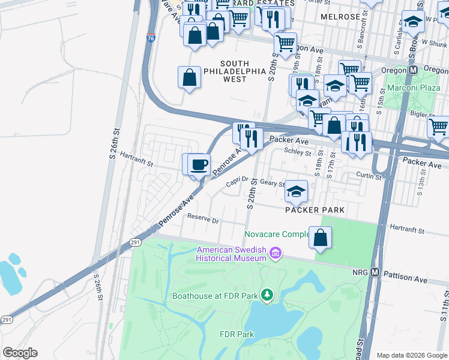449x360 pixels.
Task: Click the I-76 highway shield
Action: tap(150, 38)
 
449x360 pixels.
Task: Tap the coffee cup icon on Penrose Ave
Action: tap(199, 164)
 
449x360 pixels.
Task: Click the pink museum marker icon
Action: tap(276, 253)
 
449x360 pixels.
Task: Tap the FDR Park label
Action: tap(237, 334)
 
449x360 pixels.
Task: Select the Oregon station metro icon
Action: tap(413, 70)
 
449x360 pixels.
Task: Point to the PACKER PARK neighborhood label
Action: tap(315, 210)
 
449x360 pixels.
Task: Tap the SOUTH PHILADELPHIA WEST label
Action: tap(234, 71)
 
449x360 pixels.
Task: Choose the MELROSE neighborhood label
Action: tap(340, 17)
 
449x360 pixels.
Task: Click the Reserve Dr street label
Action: tap(202, 219)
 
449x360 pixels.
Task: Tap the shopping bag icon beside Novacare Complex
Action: tap(321, 237)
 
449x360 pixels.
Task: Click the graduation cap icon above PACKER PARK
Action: tap(295, 191)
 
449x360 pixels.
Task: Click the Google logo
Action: tap(20, 353)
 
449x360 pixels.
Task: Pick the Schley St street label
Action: tap(296, 151)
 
